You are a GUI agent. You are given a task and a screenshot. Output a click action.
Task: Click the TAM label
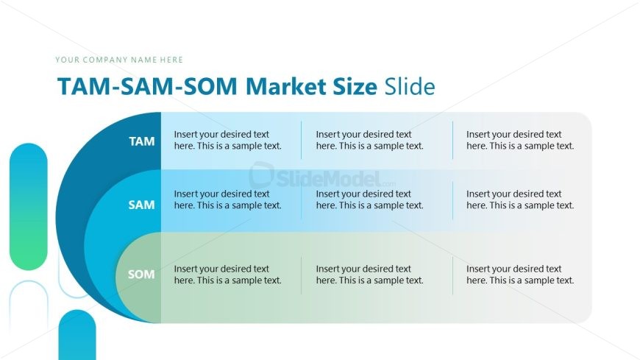coord(142,141)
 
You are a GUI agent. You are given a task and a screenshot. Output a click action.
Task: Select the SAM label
coord(141,205)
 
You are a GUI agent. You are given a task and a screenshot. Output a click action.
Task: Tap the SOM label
coord(141,275)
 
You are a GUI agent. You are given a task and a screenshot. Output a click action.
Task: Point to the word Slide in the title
coord(409,87)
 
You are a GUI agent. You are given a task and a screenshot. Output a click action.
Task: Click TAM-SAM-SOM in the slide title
coord(147,87)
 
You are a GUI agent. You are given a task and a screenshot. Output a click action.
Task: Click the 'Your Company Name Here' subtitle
coord(119,60)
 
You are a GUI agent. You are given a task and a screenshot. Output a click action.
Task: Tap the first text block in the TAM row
coord(227,140)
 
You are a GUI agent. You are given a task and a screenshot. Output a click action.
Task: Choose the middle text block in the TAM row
coord(369,140)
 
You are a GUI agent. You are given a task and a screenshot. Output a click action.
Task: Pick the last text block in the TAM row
coord(519,140)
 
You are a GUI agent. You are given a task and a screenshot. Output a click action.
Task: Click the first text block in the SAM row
coord(227,200)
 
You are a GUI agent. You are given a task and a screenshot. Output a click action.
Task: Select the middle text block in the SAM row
coord(369,200)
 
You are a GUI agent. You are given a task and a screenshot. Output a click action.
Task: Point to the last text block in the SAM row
coord(519,200)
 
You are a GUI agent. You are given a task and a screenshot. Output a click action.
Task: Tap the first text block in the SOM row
coord(227,275)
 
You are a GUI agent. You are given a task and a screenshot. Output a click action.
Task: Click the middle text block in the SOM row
coord(369,275)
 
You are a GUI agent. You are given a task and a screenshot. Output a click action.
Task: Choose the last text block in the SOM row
coord(519,275)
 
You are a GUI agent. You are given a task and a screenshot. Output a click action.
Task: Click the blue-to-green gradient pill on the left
coord(28,206)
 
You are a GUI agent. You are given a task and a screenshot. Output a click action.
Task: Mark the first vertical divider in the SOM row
coord(301,275)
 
